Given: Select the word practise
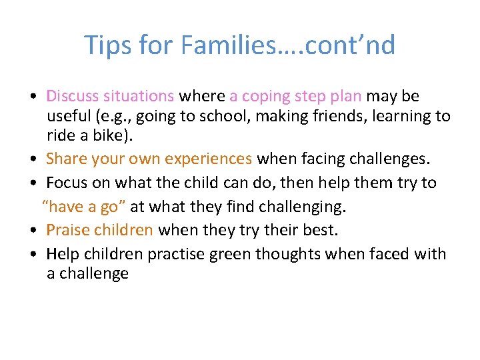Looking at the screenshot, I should (176, 254).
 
